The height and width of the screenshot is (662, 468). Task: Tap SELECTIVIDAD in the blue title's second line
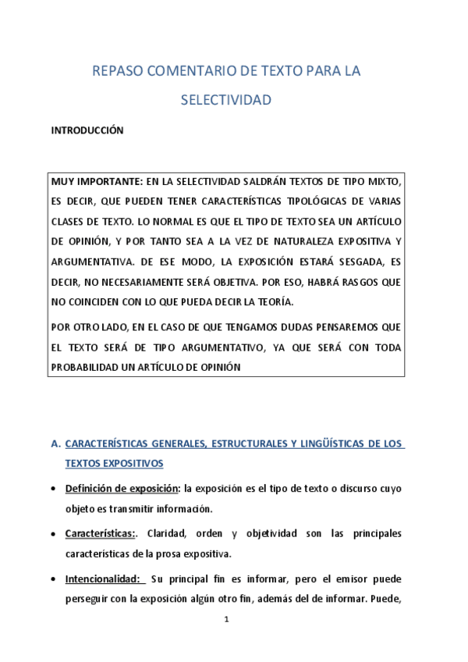tap(226, 100)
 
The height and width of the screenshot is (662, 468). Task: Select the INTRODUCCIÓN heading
tap(87, 131)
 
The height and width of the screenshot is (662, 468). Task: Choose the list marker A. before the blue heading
tap(55, 444)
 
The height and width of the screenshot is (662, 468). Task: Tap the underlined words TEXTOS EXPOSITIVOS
tap(114, 463)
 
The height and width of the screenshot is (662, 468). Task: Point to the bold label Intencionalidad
tap(104, 579)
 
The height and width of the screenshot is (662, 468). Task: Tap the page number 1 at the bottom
tap(226, 621)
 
